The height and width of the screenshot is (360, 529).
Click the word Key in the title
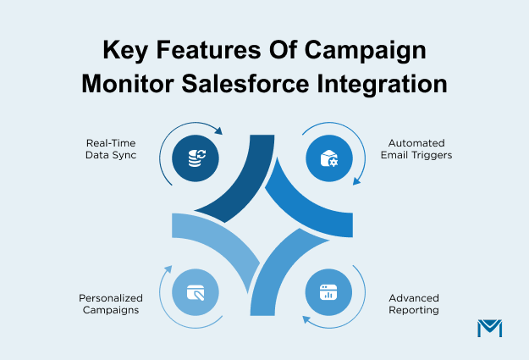point(125,51)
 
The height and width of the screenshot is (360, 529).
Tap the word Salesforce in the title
point(245,84)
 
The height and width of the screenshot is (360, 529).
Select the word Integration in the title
point(382,86)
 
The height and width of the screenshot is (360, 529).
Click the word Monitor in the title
point(128,84)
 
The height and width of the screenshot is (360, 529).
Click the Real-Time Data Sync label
point(111,149)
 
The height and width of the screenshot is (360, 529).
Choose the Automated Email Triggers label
point(416,149)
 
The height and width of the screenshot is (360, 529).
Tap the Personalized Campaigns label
point(111,304)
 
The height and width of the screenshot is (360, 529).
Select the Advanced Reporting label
point(414,304)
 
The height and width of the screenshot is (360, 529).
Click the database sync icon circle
point(196,158)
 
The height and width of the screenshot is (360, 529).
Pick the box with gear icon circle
point(329,158)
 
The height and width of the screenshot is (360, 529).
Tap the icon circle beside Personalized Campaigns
point(196,292)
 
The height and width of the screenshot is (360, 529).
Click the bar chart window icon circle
point(328,292)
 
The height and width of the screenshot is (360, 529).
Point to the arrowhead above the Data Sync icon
point(218,130)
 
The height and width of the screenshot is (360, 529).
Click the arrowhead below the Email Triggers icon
point(356,181)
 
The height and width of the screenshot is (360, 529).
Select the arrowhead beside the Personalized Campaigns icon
point(168,269)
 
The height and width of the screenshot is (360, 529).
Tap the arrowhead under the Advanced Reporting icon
point(306,319)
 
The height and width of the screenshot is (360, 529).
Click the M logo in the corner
point(490,329)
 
